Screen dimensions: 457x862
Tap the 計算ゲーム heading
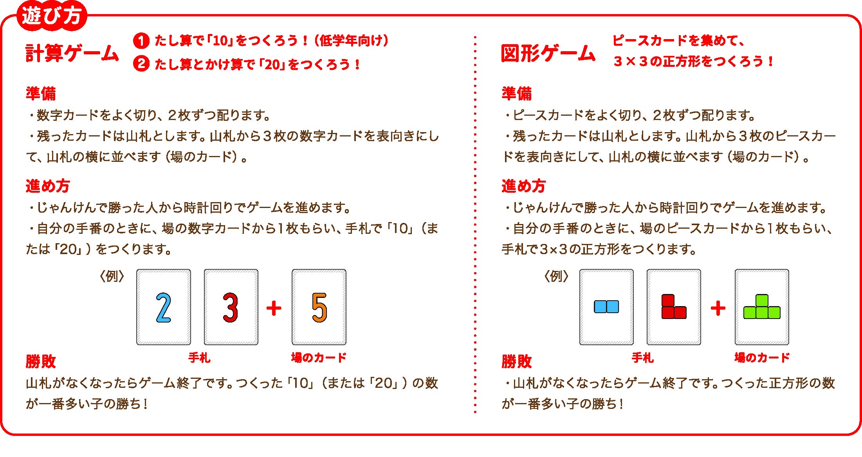(x=72, y=53)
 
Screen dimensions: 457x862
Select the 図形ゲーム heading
(x=548, y=53)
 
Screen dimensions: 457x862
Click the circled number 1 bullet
(x=141, y=41)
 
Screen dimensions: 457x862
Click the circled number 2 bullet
(x=141, y=63)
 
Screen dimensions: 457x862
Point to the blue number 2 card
(x=164, y=307)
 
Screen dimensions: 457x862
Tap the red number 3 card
(x=231, y=307)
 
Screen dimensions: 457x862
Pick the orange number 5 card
(x=319, y=307)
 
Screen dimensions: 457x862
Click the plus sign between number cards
(x=274, y=308)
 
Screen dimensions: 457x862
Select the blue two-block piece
(x=606, y=306)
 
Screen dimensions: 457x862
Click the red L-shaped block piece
(x=674, y=307)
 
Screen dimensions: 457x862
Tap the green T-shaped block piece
(x=762, y=307)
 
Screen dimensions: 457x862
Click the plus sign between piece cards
(x=718, y=308)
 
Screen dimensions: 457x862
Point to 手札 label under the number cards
(x=199, y=357)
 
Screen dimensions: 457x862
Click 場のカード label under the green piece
(x=762, y=357)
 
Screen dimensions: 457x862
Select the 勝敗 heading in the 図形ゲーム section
(x=516, y=361)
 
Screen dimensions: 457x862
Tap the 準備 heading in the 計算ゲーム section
(x=41, y=93)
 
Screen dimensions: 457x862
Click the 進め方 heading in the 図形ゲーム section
(x=523, y=186)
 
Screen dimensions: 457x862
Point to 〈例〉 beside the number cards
(x=112, y=276)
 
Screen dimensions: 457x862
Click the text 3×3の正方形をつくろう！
(x=693, y=61)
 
